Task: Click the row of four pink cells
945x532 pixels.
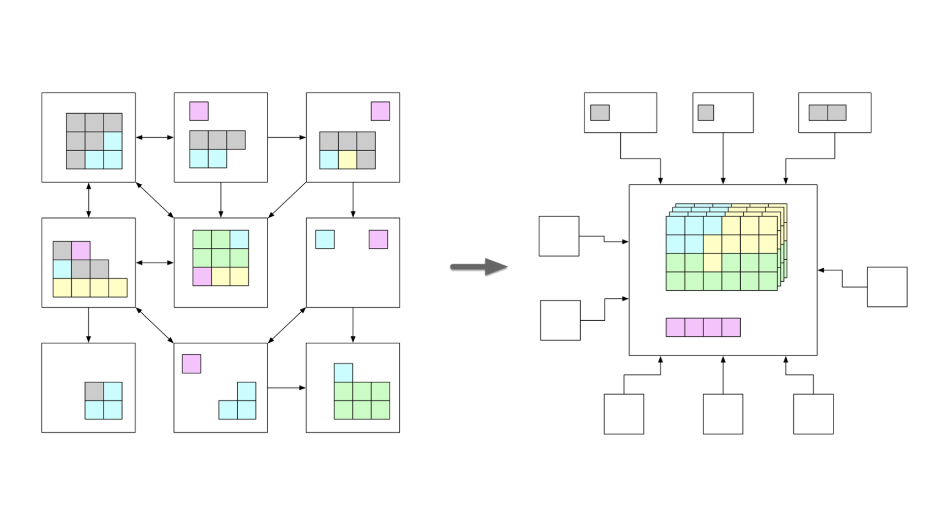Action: click(x=703, y=327)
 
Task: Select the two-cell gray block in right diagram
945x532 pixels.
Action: click(x=827, y=113)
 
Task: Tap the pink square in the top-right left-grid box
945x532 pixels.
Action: click(x=380, y=111)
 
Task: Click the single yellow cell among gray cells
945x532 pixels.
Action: click(x=347, y=160)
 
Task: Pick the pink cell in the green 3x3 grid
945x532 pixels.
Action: click(x=202, y=276)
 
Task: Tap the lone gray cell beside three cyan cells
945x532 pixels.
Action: click(x=94, y=392)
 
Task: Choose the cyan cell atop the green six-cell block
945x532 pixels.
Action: click(x=343, y=373)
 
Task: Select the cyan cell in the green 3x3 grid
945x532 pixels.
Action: click(x=239, y=239)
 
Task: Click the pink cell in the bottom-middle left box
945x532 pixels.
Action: click(x=191, y=364)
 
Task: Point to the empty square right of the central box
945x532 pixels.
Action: click(x=887, y=287)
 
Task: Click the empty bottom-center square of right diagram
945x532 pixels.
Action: click(x=723, y=414)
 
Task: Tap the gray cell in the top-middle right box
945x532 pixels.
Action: click(x=705, y=113)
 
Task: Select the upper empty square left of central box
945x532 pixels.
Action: click(x=559, y=236)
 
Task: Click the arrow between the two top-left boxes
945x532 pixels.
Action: click(x=155, y=137)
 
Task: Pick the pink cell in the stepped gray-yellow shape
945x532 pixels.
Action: click(x=81, y=250)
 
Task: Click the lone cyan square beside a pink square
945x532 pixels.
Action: click(x=325, y=239)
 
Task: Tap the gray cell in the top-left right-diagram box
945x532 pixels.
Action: click(x=599, y=113)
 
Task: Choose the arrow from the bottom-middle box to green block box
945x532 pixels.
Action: click(x=286, y=388)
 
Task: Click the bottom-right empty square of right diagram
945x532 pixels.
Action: click(x=813, y=414)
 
